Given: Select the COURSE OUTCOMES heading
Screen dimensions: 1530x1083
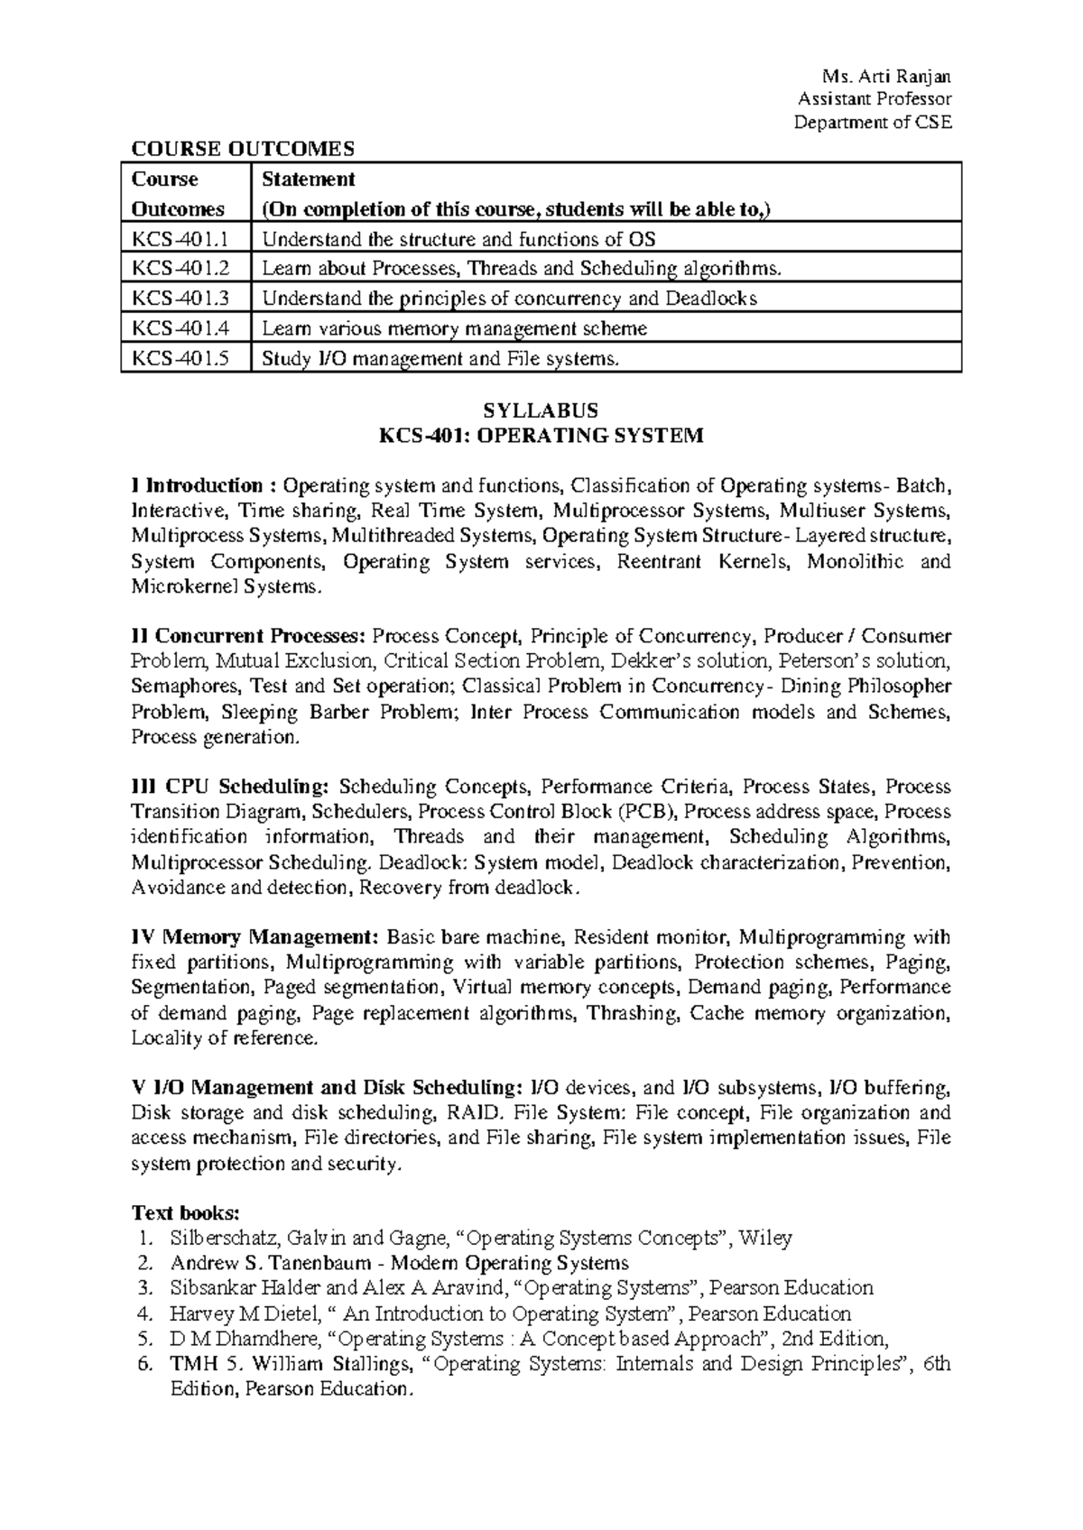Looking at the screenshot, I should coord(244,148).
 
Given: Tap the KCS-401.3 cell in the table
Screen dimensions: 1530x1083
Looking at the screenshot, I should coord(180,299).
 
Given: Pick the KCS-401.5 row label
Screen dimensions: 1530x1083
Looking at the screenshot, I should coord(180,358).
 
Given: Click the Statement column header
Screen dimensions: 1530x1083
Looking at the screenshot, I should coord(309,179).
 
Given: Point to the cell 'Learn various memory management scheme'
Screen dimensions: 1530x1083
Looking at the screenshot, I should coord(454,328).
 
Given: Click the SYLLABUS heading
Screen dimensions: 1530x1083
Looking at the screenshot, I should coord(541,410).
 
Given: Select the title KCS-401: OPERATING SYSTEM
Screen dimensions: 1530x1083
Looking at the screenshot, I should coord(541,437).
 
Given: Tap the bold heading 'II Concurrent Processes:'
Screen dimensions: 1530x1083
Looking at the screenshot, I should coord(248,636).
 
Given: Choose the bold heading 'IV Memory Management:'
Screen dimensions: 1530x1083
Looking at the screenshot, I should coord(256,937).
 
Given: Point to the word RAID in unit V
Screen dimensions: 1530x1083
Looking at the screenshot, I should coord(470,1113).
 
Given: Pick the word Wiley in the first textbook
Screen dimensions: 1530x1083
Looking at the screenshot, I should coord(765,1238).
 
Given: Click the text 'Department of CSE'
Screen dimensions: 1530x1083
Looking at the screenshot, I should coord(873,124).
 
